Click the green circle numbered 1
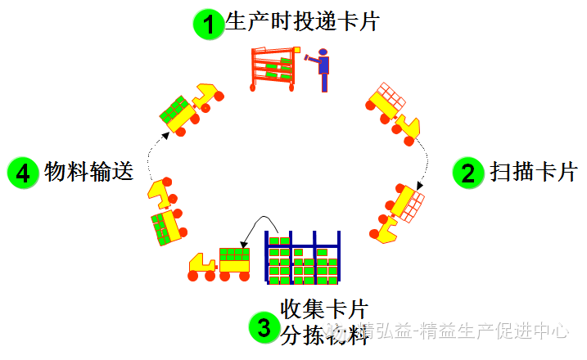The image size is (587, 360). (x=209, y=24)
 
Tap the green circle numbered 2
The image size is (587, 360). (x=468, y=173)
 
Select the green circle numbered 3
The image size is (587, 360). (x=264, y=328)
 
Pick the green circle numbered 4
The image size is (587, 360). (x=23, y=173)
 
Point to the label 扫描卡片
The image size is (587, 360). (x=533, y=173)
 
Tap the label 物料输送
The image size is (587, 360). (x=88, y=173)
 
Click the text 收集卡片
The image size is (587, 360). (x=323, y=308)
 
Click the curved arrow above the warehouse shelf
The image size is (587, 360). (x=260, y=227)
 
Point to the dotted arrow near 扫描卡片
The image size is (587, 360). (x=423, y=163)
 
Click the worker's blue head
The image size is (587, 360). (x=323, y=53)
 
